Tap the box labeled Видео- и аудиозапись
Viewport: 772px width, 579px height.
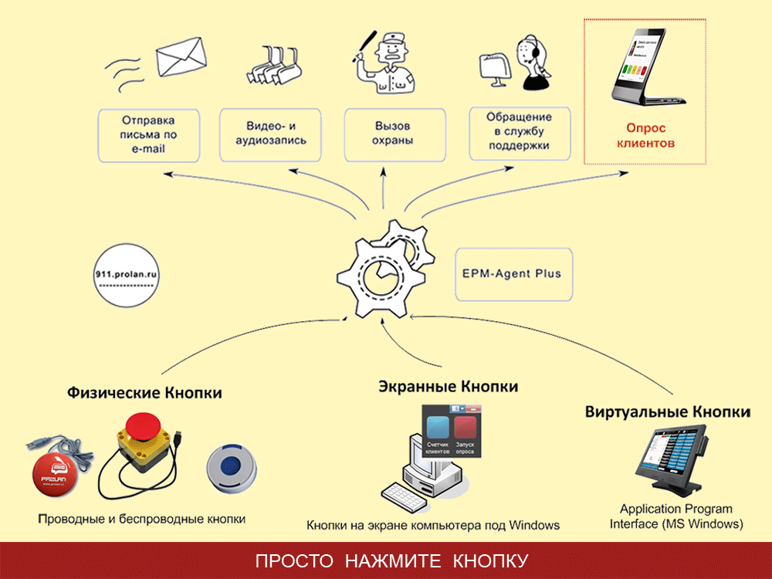tap(276, 134)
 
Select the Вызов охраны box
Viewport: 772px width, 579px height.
tap(394, 134)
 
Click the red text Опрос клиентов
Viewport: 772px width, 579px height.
tap(646, 136)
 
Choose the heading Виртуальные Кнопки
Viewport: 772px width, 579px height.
tap(668, 411)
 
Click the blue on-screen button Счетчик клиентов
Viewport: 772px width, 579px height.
tap(438, 428)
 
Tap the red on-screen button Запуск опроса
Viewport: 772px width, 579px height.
tap(465, 428)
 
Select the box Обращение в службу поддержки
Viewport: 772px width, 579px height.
tap(519, 130)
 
